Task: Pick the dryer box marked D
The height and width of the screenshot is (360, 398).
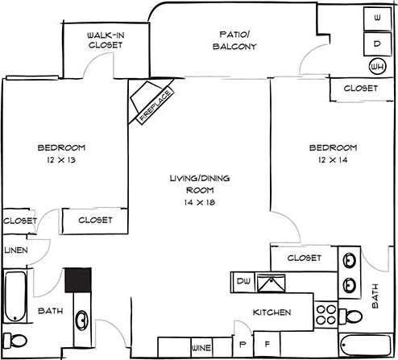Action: point(376,43)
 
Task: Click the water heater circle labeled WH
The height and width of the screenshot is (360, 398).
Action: point(376,66)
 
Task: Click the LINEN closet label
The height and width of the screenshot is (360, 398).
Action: point(16,250)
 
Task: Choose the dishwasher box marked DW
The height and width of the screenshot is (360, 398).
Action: point(243,281)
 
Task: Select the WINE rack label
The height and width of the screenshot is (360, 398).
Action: point(201,347)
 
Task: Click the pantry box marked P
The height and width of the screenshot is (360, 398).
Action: point(242,344)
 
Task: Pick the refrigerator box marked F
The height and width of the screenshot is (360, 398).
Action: point(268,344)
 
